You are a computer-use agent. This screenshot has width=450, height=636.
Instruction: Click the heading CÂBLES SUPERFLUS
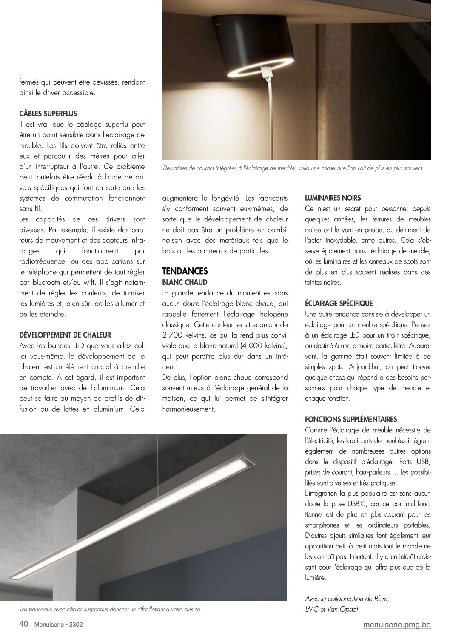pos(48,114)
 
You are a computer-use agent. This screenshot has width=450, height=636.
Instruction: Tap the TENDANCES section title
pos(185,271)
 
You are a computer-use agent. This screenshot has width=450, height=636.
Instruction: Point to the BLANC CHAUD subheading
pos(185,282)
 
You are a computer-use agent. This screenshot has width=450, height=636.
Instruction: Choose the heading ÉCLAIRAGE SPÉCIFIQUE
pos(339,303)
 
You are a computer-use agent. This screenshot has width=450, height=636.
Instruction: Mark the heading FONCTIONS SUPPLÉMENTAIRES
pos(351,419)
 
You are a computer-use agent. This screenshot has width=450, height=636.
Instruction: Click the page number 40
pos(24,624)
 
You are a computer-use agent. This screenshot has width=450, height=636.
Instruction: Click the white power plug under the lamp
pos(268,73)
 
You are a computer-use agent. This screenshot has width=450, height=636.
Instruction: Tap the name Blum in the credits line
pos(380,599)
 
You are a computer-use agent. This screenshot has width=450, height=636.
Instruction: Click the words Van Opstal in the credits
pos(340,609)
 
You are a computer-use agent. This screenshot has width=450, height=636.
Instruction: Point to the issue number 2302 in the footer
pos(72,625)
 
